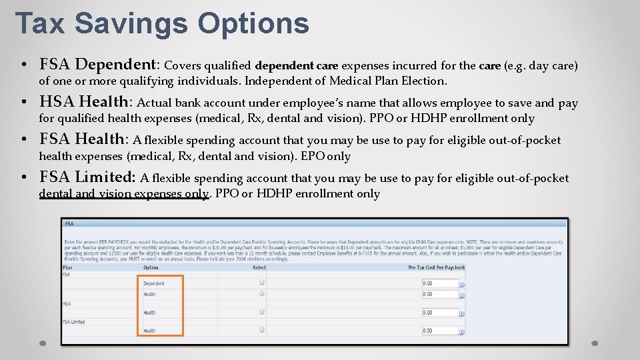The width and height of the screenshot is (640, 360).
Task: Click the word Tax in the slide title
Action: click(41, 23)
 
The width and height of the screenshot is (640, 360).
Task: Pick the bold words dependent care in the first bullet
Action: click(297, 65)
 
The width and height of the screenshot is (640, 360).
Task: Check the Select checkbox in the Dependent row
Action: click(262, 283)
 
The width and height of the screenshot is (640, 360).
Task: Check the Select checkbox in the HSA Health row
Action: click(262, 312)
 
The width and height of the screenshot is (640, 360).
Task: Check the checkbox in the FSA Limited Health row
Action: click(262, 330)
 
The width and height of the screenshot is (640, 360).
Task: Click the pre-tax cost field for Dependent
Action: click(439, 283)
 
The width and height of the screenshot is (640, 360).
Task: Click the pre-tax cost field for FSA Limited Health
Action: click(439, 331)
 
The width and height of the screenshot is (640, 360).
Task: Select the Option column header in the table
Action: click(151, 267)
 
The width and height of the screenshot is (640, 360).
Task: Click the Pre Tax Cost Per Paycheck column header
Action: click(436, 267)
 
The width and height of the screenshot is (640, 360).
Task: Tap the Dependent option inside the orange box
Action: click(153, 283)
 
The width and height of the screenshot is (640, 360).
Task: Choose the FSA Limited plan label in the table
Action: click(74, 322)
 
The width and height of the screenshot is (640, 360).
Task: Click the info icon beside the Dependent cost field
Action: click(462, 285)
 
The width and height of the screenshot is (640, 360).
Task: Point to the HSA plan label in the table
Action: click(67, 303)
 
